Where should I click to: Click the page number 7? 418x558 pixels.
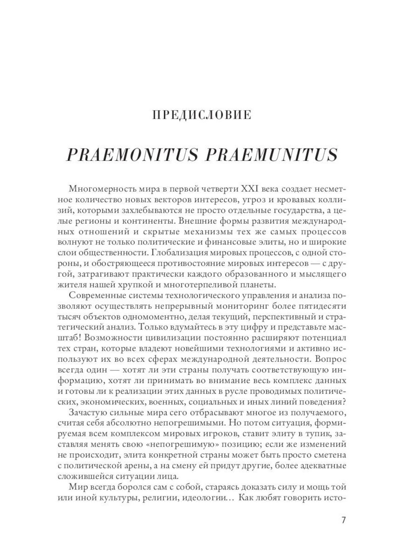[x=344, y=520]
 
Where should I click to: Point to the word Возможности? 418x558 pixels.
[x=129, y=337]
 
